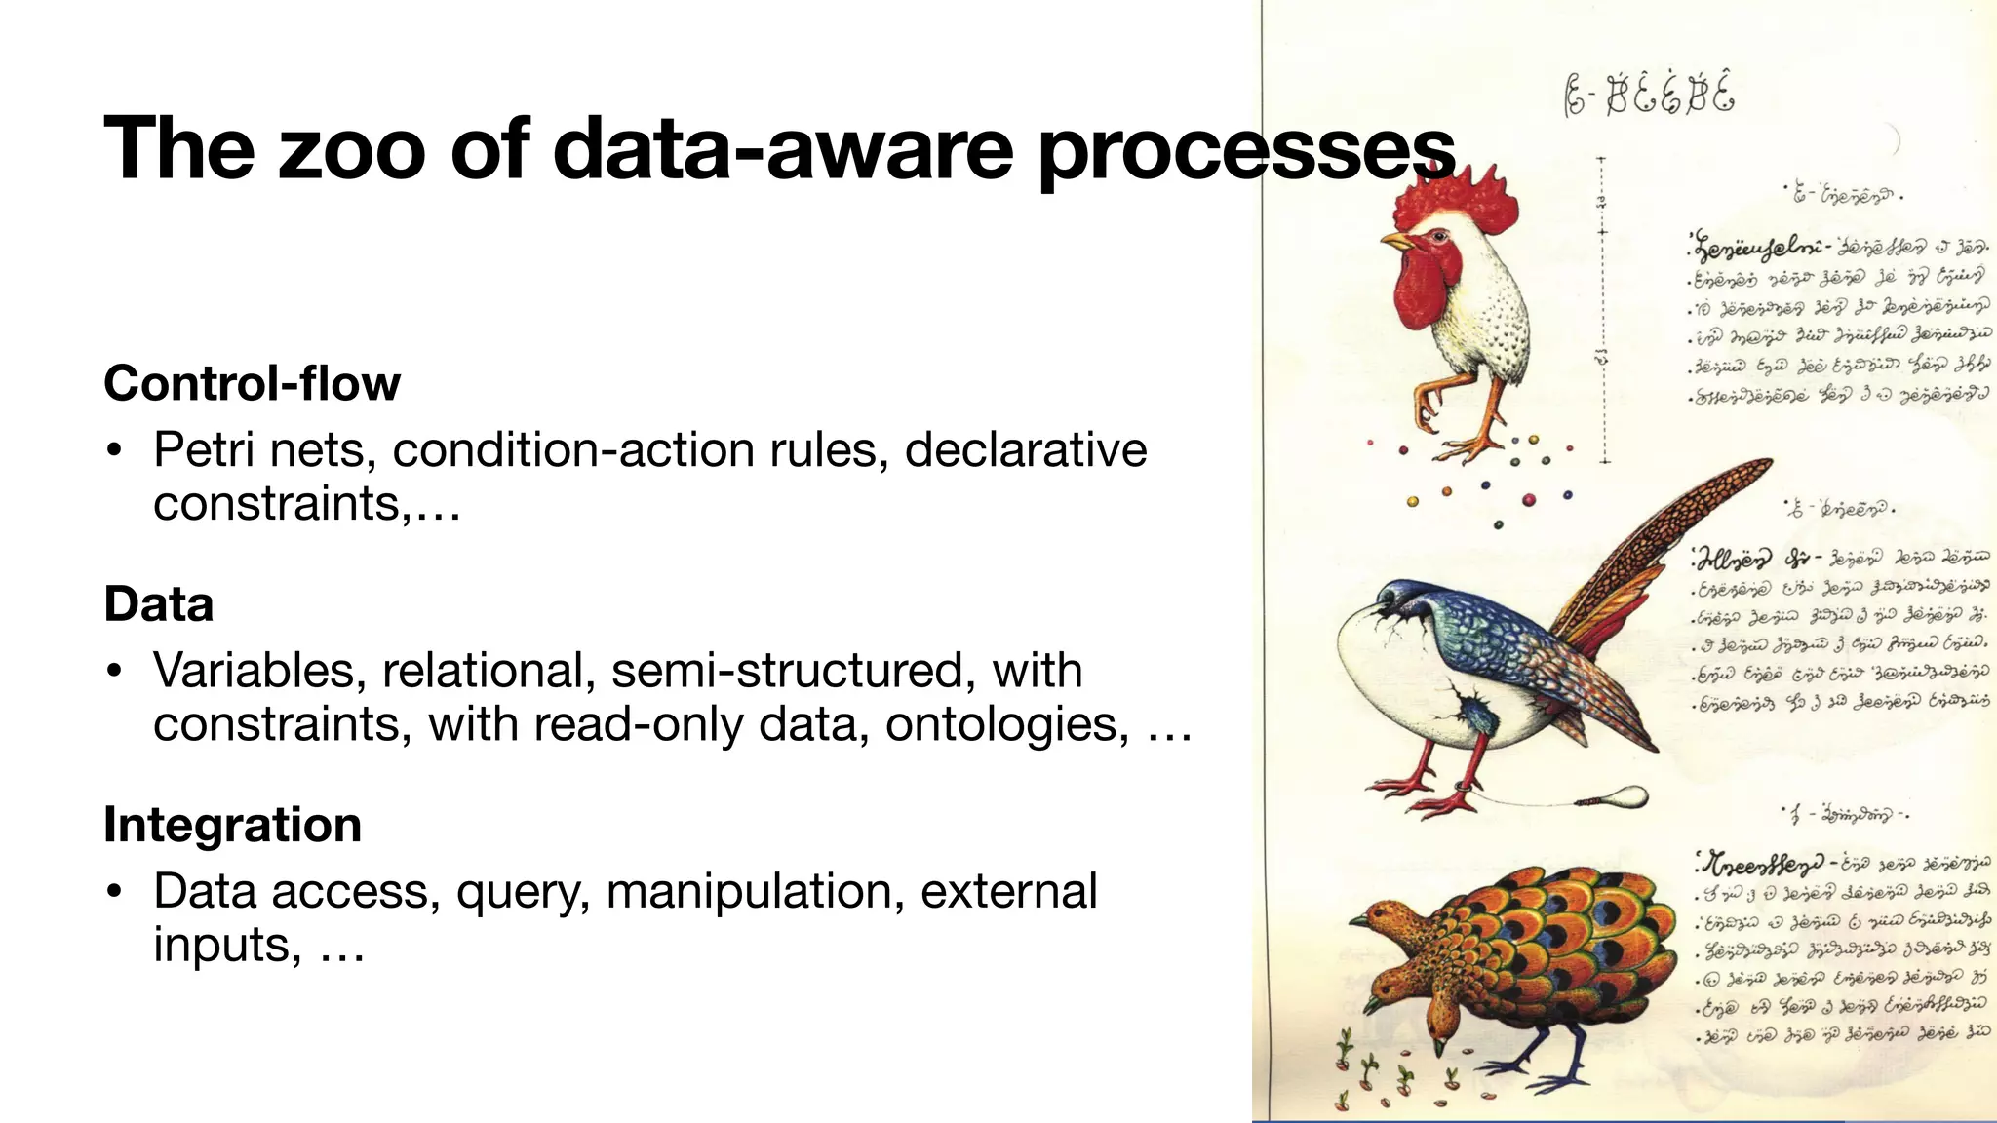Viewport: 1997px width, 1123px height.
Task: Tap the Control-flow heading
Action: point(252,383)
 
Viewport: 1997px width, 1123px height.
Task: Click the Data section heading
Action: point(158,603)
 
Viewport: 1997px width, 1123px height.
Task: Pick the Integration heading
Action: point(232,825)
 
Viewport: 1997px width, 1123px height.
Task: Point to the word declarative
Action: point(1025,450)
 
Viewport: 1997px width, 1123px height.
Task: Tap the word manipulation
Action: point(755,891)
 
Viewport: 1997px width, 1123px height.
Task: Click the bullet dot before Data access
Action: point(115,892)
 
